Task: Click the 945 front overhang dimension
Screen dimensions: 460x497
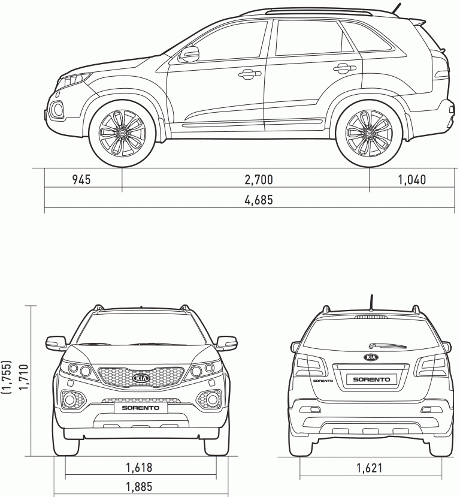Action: (81, 179)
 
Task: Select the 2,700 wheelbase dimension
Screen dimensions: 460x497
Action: (259, 179)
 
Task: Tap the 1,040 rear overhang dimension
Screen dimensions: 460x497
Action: (411, 180)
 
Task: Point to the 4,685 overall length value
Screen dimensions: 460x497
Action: (259, 200)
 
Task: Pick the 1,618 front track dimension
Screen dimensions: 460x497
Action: (139, 467)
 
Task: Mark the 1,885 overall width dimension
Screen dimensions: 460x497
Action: (139, 486)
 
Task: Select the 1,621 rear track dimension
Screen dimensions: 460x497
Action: (369, 468)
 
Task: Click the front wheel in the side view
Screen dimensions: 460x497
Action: (122, 133)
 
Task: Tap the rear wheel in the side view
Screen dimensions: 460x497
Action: (369, 133)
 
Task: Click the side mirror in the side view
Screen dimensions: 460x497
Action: (189, 53)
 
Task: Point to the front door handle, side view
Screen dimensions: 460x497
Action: (250, 74)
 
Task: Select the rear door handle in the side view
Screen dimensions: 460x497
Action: (345, 68)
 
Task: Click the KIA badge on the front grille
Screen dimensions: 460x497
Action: (141, 378)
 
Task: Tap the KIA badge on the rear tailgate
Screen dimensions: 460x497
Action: (371, 357)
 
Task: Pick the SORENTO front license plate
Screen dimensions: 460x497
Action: (141, 408)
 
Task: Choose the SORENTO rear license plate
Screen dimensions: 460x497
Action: (371, 379)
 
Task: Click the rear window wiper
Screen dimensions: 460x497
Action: (388, 345)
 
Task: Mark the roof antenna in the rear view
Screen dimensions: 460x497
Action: (371, 302)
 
